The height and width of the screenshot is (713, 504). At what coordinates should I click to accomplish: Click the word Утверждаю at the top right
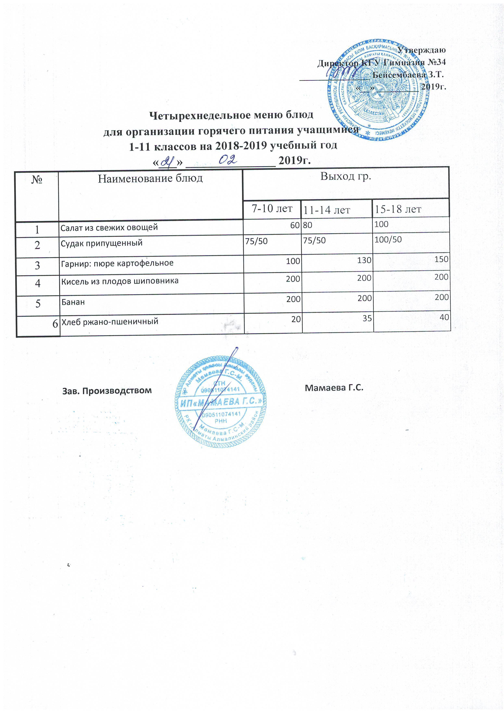[421, 50]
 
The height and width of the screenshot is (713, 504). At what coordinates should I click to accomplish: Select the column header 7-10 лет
[272, 208]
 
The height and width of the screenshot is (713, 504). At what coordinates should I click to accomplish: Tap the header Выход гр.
[346, 176]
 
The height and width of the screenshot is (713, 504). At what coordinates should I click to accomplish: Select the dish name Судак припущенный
[102, 243]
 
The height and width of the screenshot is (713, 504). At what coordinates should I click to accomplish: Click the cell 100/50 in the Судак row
[388, 239]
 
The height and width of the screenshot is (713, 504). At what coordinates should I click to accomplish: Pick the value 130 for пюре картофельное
[364, 260]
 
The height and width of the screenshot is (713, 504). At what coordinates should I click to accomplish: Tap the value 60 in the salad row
[295, 225]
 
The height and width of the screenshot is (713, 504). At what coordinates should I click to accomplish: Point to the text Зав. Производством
[107, 390]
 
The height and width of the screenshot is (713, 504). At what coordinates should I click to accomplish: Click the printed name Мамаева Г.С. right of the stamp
[334, 388]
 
